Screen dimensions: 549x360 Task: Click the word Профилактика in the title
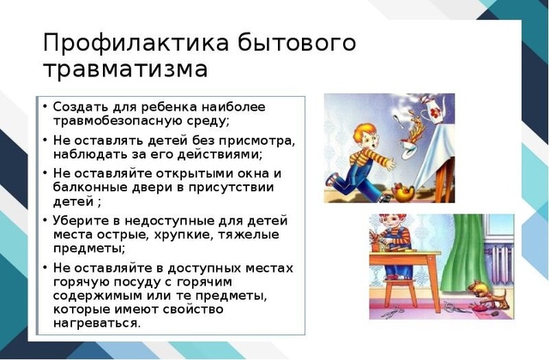click(136, 43)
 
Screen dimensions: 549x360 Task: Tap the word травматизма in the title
click(126, 69)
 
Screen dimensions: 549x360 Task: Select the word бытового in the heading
click(297, 43)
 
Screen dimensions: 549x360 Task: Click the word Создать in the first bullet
click(76, 106)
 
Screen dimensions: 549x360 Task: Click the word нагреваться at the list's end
click(97, 323)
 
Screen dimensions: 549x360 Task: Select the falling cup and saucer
click(407, 149)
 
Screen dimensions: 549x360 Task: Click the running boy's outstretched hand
click(389, 163)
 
